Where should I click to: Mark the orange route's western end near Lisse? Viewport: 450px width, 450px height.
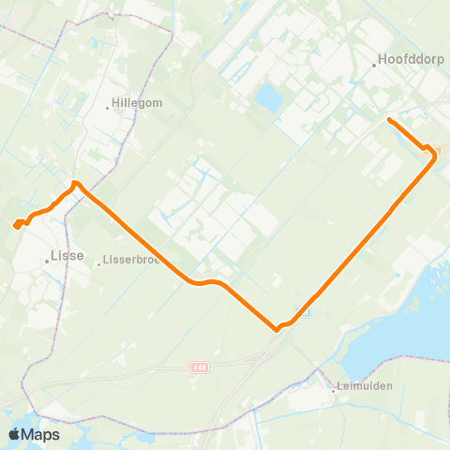pos(16,225)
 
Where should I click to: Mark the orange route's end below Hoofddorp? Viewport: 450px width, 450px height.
pos(389,120)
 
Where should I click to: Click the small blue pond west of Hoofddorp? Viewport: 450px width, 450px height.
pos(268,97)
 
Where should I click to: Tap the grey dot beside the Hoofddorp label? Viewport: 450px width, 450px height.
pos(375,65)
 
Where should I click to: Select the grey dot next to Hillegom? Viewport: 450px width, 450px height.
pos(108,107)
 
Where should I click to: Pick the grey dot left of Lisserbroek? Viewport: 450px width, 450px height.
pos(98,263)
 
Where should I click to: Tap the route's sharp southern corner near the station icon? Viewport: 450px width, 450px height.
pos(277,329)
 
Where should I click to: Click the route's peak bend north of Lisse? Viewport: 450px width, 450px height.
pos(74,182)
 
